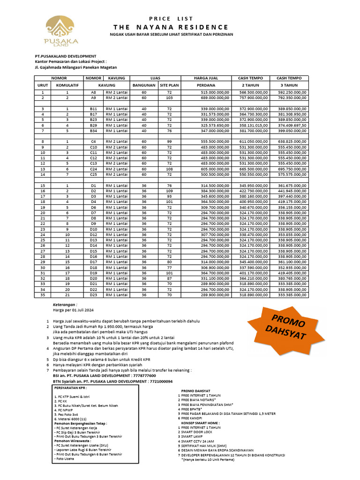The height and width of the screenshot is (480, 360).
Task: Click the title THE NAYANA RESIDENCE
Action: tap(171, 27)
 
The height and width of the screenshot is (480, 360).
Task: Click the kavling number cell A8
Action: tap(93, 93)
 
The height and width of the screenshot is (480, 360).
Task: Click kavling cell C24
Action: tap(93, 169)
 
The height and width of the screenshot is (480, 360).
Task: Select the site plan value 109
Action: tap(169, 191)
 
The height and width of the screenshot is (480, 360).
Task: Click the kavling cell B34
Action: tap(93, 131)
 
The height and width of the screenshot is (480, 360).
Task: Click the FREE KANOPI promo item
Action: tap(195, 418)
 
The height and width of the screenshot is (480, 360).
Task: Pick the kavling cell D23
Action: tap(93, 294)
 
